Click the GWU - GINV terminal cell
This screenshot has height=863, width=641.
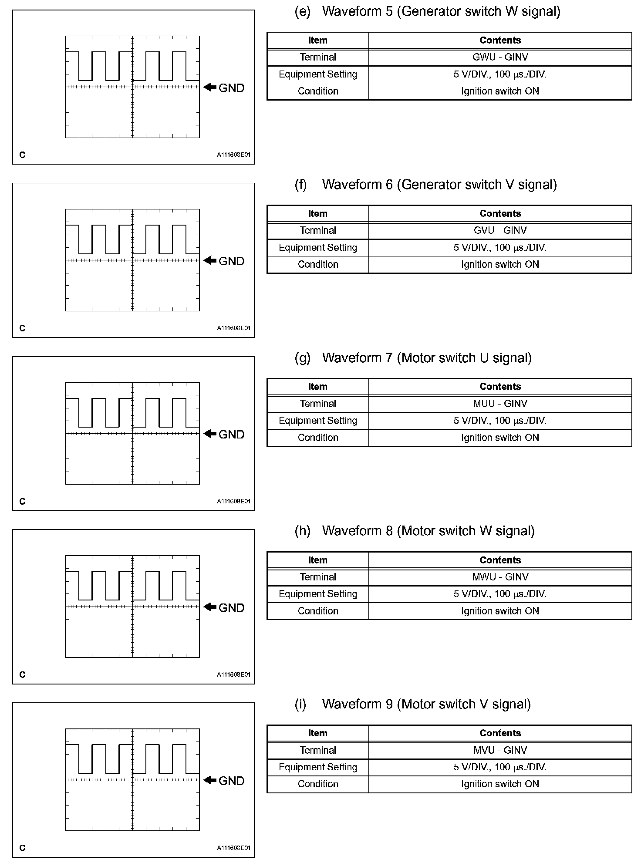[500, 57]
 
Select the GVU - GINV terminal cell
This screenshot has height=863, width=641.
[500, 230]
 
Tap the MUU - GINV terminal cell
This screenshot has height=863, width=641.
[500, 404]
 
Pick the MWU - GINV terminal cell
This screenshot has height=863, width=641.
[500, 577]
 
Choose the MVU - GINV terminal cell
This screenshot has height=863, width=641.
[500, 750]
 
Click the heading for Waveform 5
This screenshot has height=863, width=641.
[441, 11]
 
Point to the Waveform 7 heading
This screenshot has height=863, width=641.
[426, 358]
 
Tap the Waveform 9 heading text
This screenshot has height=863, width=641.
[426, 705]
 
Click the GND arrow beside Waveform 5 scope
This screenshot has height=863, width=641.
[210, 87]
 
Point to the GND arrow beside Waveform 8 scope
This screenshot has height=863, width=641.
[210, 607]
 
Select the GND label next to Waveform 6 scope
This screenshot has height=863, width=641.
[231, 261]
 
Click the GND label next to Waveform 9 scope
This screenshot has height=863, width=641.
[231, 781]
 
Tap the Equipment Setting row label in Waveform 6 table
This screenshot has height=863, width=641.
[318, 247]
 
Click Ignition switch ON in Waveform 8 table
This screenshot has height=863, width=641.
[500, 611]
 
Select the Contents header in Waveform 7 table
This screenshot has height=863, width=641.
[500, 387]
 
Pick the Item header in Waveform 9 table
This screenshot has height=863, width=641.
[317, 733]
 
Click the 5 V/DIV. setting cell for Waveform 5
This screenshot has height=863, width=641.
[500, 74]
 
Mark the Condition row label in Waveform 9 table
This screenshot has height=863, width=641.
[318, 784]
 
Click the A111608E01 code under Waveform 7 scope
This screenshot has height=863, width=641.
[234, 501]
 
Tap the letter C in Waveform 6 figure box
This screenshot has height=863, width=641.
[23, 328]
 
